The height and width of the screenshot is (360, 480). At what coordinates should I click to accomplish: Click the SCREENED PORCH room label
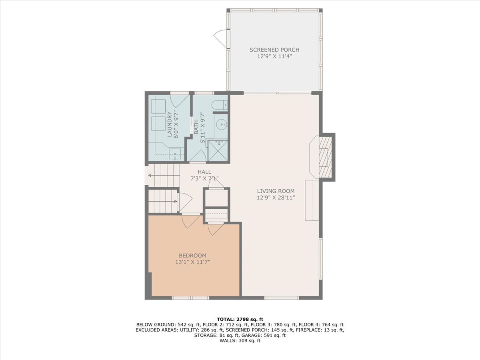point(274,50)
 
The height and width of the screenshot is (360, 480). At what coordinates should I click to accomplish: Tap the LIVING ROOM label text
point(276,191)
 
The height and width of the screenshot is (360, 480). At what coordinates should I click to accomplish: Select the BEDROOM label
point(192,256)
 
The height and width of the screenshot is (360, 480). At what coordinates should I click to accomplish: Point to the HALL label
point(204,172)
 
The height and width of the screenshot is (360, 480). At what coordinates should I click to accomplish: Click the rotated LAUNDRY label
point(170,124)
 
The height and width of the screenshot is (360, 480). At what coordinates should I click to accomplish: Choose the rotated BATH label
point(196,128)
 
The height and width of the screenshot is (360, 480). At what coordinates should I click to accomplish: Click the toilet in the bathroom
point(220,104)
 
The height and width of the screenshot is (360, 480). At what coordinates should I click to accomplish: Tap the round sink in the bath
point(222,124)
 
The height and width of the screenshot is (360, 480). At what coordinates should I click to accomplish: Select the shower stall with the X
point(217,151)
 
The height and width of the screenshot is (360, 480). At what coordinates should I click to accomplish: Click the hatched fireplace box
point(325,157)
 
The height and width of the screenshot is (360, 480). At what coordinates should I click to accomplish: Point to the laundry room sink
point(175,154)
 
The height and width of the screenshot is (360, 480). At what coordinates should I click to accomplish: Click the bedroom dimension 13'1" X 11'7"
point(193,262)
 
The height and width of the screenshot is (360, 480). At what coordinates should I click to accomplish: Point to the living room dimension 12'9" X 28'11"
point(276,198)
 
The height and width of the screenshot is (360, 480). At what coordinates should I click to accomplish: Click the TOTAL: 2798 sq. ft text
point(240,319)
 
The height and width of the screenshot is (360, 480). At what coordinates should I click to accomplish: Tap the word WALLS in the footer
point(228,340)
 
